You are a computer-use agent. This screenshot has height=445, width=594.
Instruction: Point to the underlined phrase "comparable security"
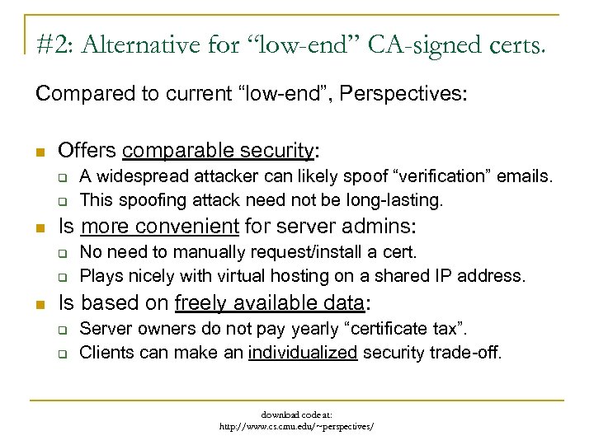click(219, 152)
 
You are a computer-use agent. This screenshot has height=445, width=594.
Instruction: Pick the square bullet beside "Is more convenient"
click(40, 227)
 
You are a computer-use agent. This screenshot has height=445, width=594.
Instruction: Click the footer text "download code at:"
click(297, 415)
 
